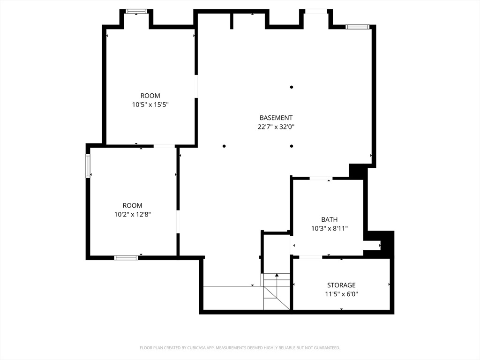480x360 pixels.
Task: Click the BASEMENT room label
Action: point(276,118)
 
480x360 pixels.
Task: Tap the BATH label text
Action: point(330,219)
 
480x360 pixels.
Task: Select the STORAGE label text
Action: point(341,285)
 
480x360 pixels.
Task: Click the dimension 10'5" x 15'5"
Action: point(150,105)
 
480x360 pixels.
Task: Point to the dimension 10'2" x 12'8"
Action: point(133,214)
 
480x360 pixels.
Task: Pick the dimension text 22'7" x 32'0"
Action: point(276,127)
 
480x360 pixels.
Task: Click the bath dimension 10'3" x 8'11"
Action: point(330,228)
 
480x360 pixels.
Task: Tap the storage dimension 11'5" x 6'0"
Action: point(341,294)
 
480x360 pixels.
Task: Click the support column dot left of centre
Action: point(224,146)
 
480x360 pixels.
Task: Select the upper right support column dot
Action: point(292,87)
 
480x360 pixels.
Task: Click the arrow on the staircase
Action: point(277,287)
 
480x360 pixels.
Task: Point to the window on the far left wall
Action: point(88,166)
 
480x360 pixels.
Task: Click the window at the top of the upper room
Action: point(136,11)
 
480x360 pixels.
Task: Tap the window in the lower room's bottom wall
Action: point(126,258)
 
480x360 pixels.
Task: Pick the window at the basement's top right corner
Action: point(357,27)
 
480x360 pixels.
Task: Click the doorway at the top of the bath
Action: point(321,178)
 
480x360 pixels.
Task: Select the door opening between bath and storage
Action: point(311,257)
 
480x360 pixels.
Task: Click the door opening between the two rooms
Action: point(164,146)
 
